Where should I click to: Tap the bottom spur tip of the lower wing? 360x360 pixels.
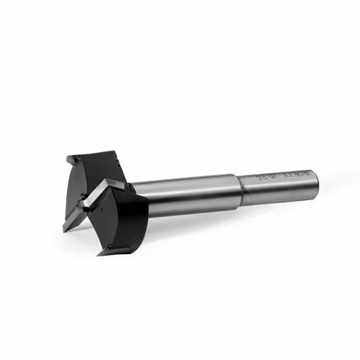(x=102, y=252)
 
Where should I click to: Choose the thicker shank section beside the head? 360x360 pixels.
(x=191, y=195)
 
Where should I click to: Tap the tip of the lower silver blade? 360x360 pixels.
(x=64, y=230)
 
